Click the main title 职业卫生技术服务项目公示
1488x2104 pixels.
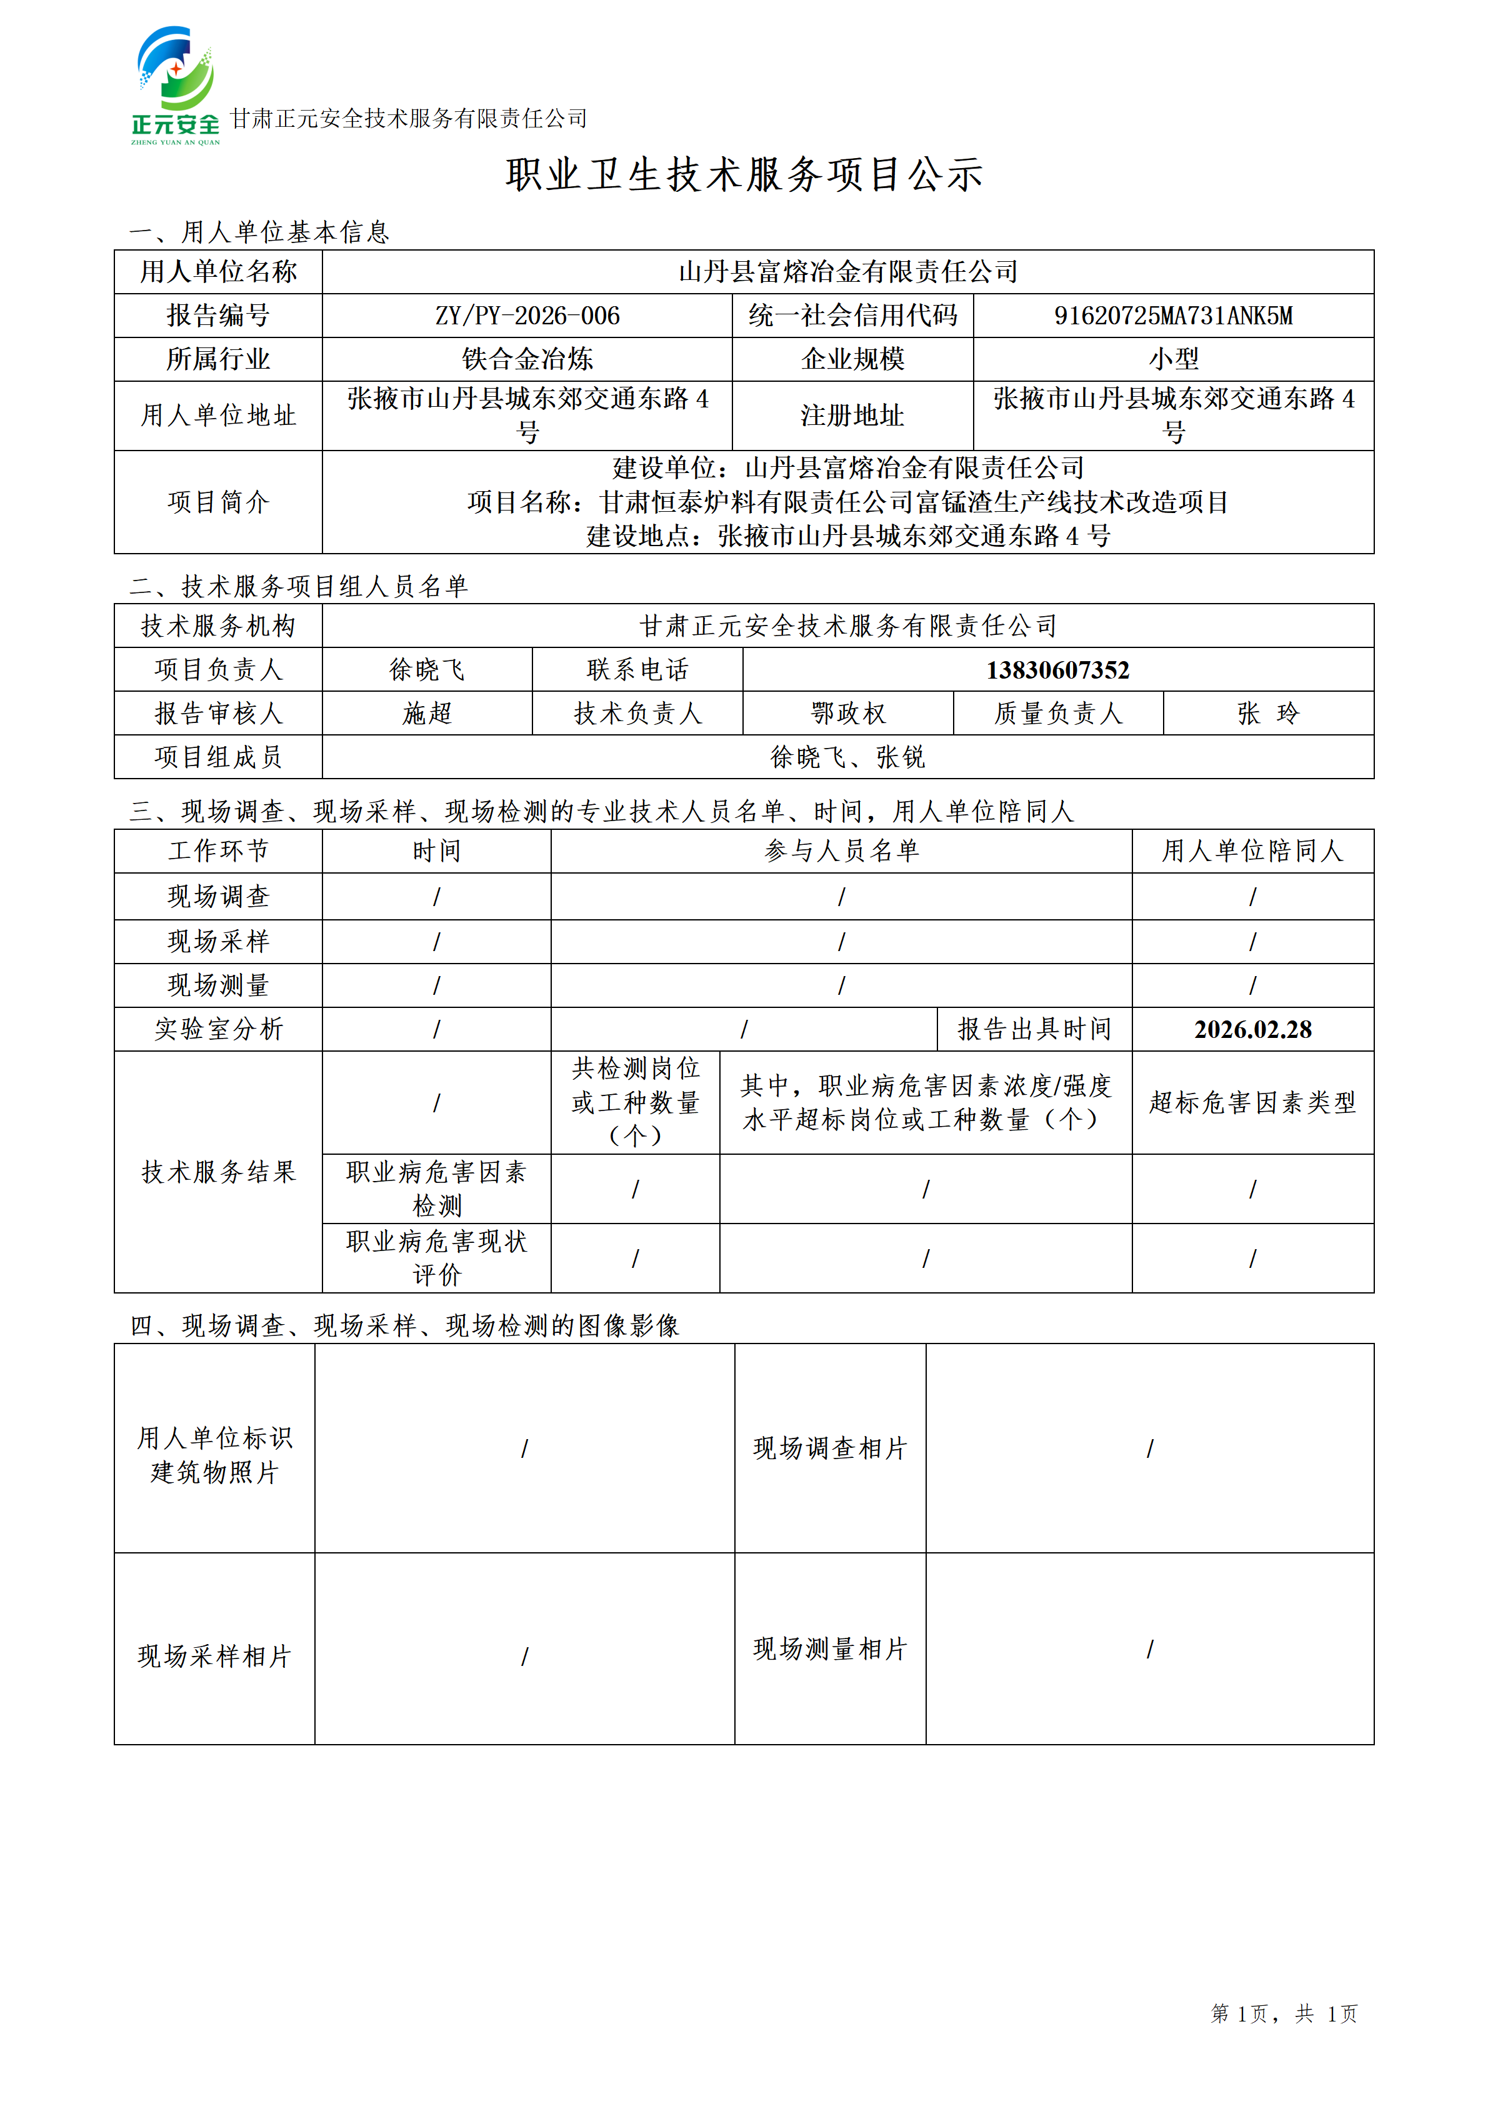(x=744, y=174)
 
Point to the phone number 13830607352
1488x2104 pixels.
(x=1057, y=670)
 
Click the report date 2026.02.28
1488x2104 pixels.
(x=1252, y=1029)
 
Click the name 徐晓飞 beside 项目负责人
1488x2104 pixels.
(x=427, y=670)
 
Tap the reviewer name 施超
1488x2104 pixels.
(x=427, y=713)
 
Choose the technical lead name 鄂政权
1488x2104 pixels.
(x=849, y=713)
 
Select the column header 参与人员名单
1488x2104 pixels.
(x=841, y=851)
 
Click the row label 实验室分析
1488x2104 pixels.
(x=218, y=1029)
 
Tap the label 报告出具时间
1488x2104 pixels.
(x=1034, y=1029)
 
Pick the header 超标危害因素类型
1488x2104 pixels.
(x=1252, y=1102)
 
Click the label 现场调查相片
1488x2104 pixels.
(x=830, y=1448)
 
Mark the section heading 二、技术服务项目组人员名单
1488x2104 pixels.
(x=299, y=587)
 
